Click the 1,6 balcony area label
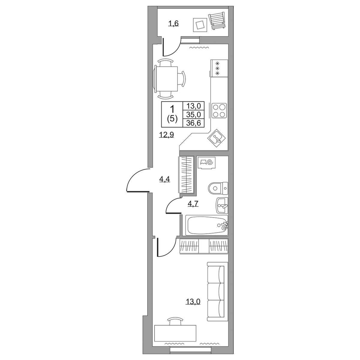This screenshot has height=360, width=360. (43, 24)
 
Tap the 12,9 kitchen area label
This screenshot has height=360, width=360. (36, 134)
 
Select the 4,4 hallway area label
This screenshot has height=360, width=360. (34, 179)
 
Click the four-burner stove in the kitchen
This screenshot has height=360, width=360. (219, 110)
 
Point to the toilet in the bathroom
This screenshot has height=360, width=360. (218, 188)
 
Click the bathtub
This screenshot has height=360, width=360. (207, 225)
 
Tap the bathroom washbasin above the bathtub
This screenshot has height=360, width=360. (222, 205)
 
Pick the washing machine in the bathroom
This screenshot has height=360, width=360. (207, 163)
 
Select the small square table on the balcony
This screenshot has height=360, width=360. (200, 25)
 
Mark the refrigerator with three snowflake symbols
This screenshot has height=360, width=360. (219, 68)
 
